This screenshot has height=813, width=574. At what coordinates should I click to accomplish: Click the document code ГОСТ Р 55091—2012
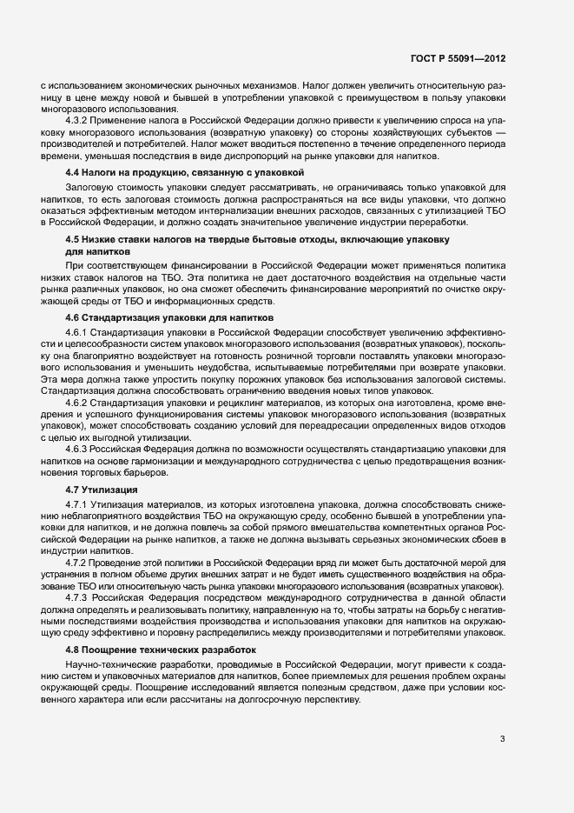459,59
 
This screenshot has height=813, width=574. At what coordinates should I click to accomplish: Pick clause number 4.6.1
77,334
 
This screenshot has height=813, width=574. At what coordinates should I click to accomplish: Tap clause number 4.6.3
77,448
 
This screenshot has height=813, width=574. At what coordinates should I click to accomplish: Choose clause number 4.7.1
77,505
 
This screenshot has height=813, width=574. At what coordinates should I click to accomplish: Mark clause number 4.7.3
77,597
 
